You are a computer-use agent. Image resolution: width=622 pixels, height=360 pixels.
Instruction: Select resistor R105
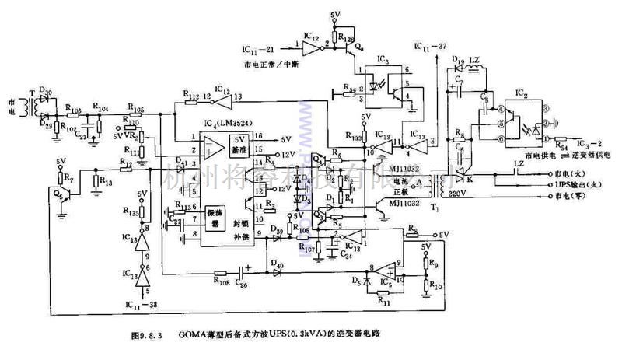[136, 110]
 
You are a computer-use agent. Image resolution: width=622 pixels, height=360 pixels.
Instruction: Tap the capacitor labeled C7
[460, 79]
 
